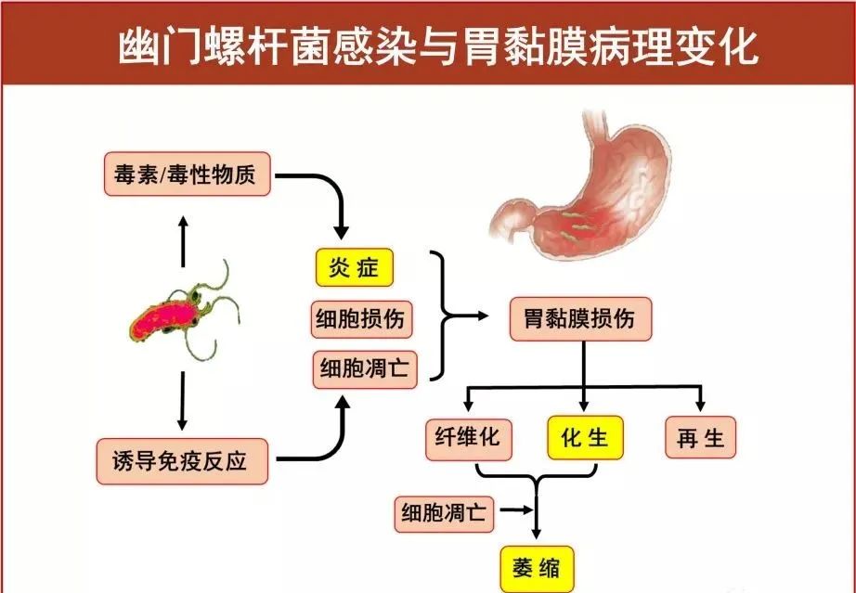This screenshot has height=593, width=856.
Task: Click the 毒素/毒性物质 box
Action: tap(187, 174)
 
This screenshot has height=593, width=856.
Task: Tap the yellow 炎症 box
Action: tap(354, 269)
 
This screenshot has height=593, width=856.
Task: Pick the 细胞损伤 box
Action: tap(359, 320)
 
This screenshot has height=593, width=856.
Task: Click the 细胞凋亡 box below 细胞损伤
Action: tap(364, 368)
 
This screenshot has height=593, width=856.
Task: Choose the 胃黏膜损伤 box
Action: tap(580, 318)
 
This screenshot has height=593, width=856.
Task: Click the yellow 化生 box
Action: tap(585, 437)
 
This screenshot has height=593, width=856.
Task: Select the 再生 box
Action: tap(701, 437)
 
